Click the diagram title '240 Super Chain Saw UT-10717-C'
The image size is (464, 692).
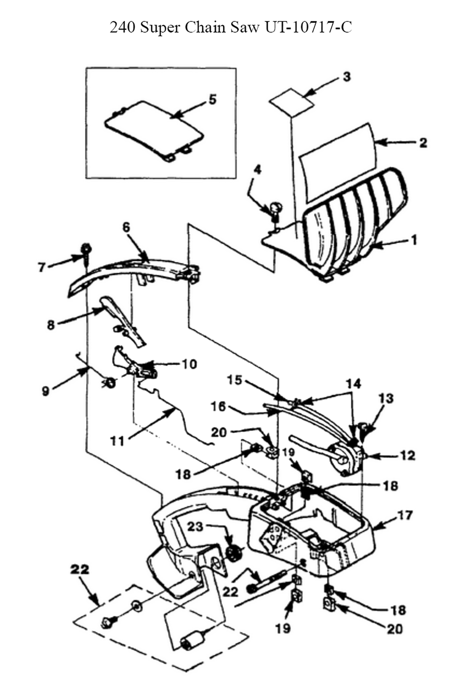pos(231,28)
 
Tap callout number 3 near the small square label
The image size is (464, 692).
pos(347,77)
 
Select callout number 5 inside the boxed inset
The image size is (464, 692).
pos(212,99)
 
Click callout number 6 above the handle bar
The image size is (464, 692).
pos(126,227)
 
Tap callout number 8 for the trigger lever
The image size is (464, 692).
pos(51,325)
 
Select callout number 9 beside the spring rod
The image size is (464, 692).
pos(45,391)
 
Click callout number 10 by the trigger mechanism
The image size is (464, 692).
pos(189,364)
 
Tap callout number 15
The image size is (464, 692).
pos(234,380)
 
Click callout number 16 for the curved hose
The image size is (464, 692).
pos(218,407)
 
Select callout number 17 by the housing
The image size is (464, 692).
pos(405,516)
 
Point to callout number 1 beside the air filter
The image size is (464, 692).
pos(413,240)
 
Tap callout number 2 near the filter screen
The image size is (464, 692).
pos(423,143)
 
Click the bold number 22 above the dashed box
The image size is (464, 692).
pos(79,569)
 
